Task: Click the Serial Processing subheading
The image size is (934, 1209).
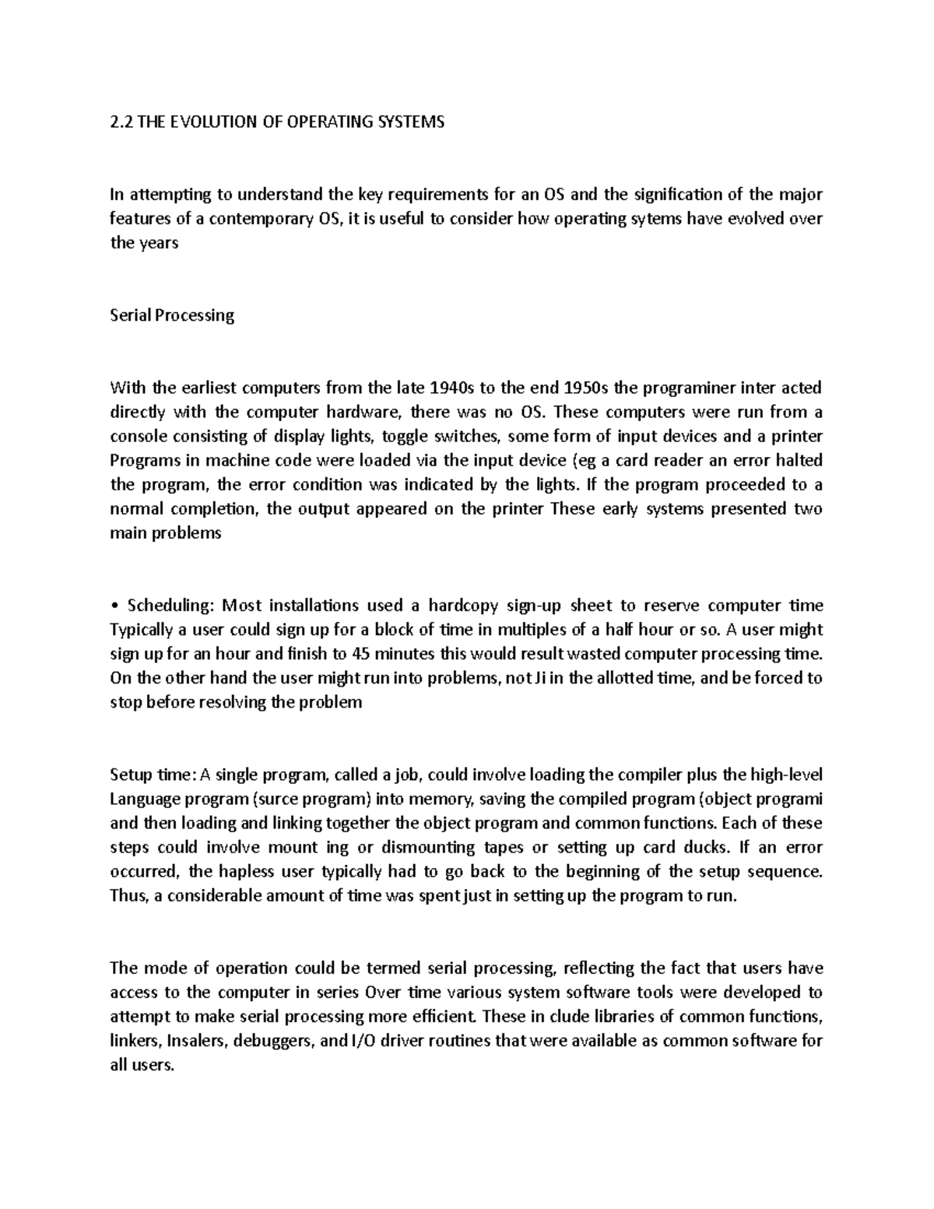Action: pos(172,315)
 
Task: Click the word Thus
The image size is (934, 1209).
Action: pos(127,896)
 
